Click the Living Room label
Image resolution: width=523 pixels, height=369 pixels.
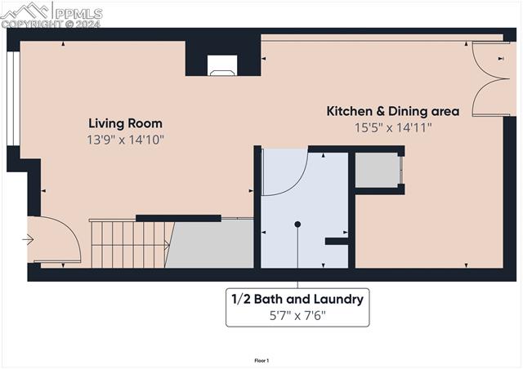pos(125,123)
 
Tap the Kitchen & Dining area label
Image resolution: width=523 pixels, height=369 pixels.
pos(393,111)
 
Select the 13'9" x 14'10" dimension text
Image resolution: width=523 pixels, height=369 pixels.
pos(125,140)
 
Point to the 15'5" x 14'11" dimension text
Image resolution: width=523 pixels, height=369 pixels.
pos(393,127)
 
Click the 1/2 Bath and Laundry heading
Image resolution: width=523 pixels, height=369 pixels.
pos(297,300)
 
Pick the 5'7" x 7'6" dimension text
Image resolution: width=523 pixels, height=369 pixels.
pos(297,315)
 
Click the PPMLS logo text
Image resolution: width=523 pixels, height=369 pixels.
pos(79,13)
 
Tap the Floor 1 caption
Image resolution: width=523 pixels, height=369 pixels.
pos(261,360)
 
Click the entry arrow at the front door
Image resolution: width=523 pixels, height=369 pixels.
pos(29,240)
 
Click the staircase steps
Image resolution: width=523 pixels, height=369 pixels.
pos(129,244)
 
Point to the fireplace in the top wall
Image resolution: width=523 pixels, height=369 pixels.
pos(221,65)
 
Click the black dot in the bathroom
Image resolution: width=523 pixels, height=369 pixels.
pos(297,224)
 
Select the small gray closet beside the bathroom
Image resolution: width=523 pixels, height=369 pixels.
pos(377,171)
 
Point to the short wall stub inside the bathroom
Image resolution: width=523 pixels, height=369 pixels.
pos(336,241)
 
